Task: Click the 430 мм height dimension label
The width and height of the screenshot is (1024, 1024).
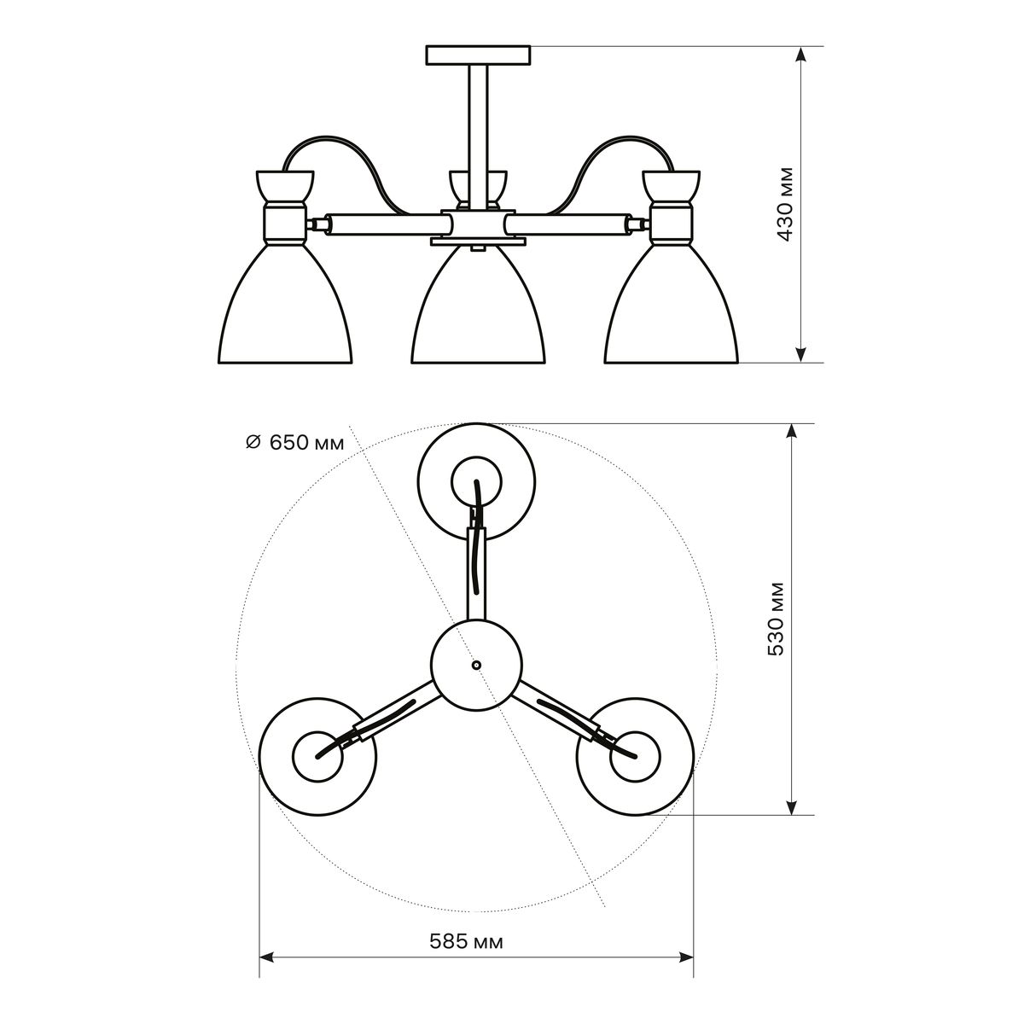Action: pos(785,205)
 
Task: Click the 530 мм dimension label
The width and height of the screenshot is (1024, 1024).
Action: pos(777,619)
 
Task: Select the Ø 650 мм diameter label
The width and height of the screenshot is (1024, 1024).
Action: pos(295,442)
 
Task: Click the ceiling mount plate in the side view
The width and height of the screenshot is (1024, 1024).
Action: pos(478,55)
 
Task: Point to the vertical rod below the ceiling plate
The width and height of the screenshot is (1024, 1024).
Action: pos(478,138)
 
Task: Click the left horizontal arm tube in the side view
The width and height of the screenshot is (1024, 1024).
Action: pos(383,224)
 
